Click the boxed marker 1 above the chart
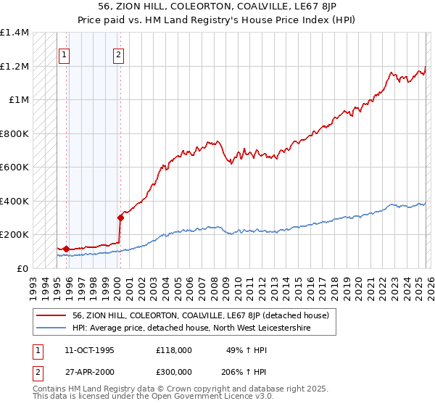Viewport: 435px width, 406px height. click(x=64, y=54)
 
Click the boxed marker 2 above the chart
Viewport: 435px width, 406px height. click(x=118, y=54)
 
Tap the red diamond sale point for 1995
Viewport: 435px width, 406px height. click(x=66, y=249)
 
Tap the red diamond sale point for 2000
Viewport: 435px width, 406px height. click(x=120, y=217)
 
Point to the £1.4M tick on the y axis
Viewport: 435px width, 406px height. click(x=14, y=33)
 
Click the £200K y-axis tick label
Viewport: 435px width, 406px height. click(x=14, y=235)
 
